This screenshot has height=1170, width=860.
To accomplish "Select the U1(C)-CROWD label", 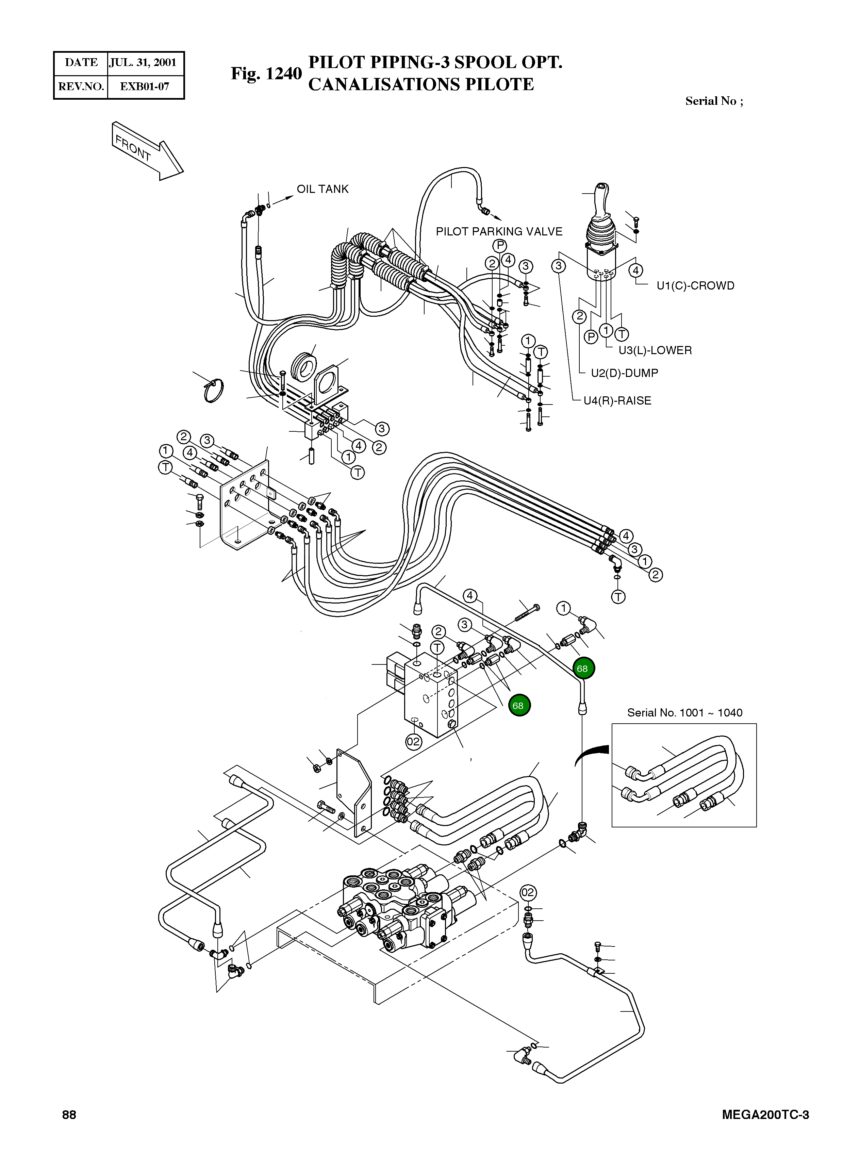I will (695, 286).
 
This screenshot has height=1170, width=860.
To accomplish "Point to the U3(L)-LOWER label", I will (655, 350).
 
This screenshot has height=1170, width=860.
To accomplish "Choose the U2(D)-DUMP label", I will (624, 373).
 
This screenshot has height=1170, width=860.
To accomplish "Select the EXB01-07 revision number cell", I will (144, 86).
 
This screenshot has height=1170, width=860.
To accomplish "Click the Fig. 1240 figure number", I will (266, 73).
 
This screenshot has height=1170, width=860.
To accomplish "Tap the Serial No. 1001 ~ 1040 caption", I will (684, 712).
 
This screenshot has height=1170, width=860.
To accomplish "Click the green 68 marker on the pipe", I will (583, 668).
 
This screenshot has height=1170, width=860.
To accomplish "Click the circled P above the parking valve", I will (499, 246).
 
